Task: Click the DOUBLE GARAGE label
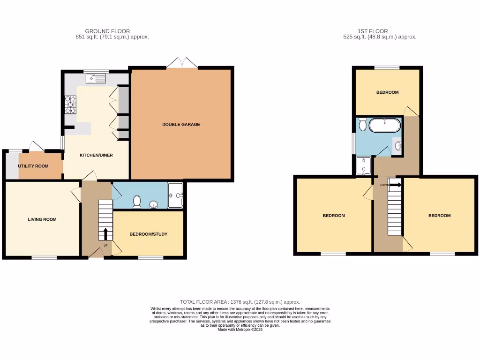coord(181,125)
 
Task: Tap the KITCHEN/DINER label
coord(96,155)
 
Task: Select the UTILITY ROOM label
coord(33,166)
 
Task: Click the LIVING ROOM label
coord(42,219)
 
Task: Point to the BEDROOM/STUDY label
coord(149,234)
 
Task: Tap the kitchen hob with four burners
coord(70,105)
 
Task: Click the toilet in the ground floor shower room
coord(137,202)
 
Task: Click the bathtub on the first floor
coord(385,126)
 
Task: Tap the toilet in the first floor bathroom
coord(362,125)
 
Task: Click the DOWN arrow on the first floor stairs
coord(395,185)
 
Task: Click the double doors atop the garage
coord(182,63)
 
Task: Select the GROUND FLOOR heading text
coord(107,31)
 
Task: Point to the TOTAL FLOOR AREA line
coord(240,302)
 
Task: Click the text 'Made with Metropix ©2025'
coord(240,330)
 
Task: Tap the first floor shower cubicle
coord(364,166)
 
